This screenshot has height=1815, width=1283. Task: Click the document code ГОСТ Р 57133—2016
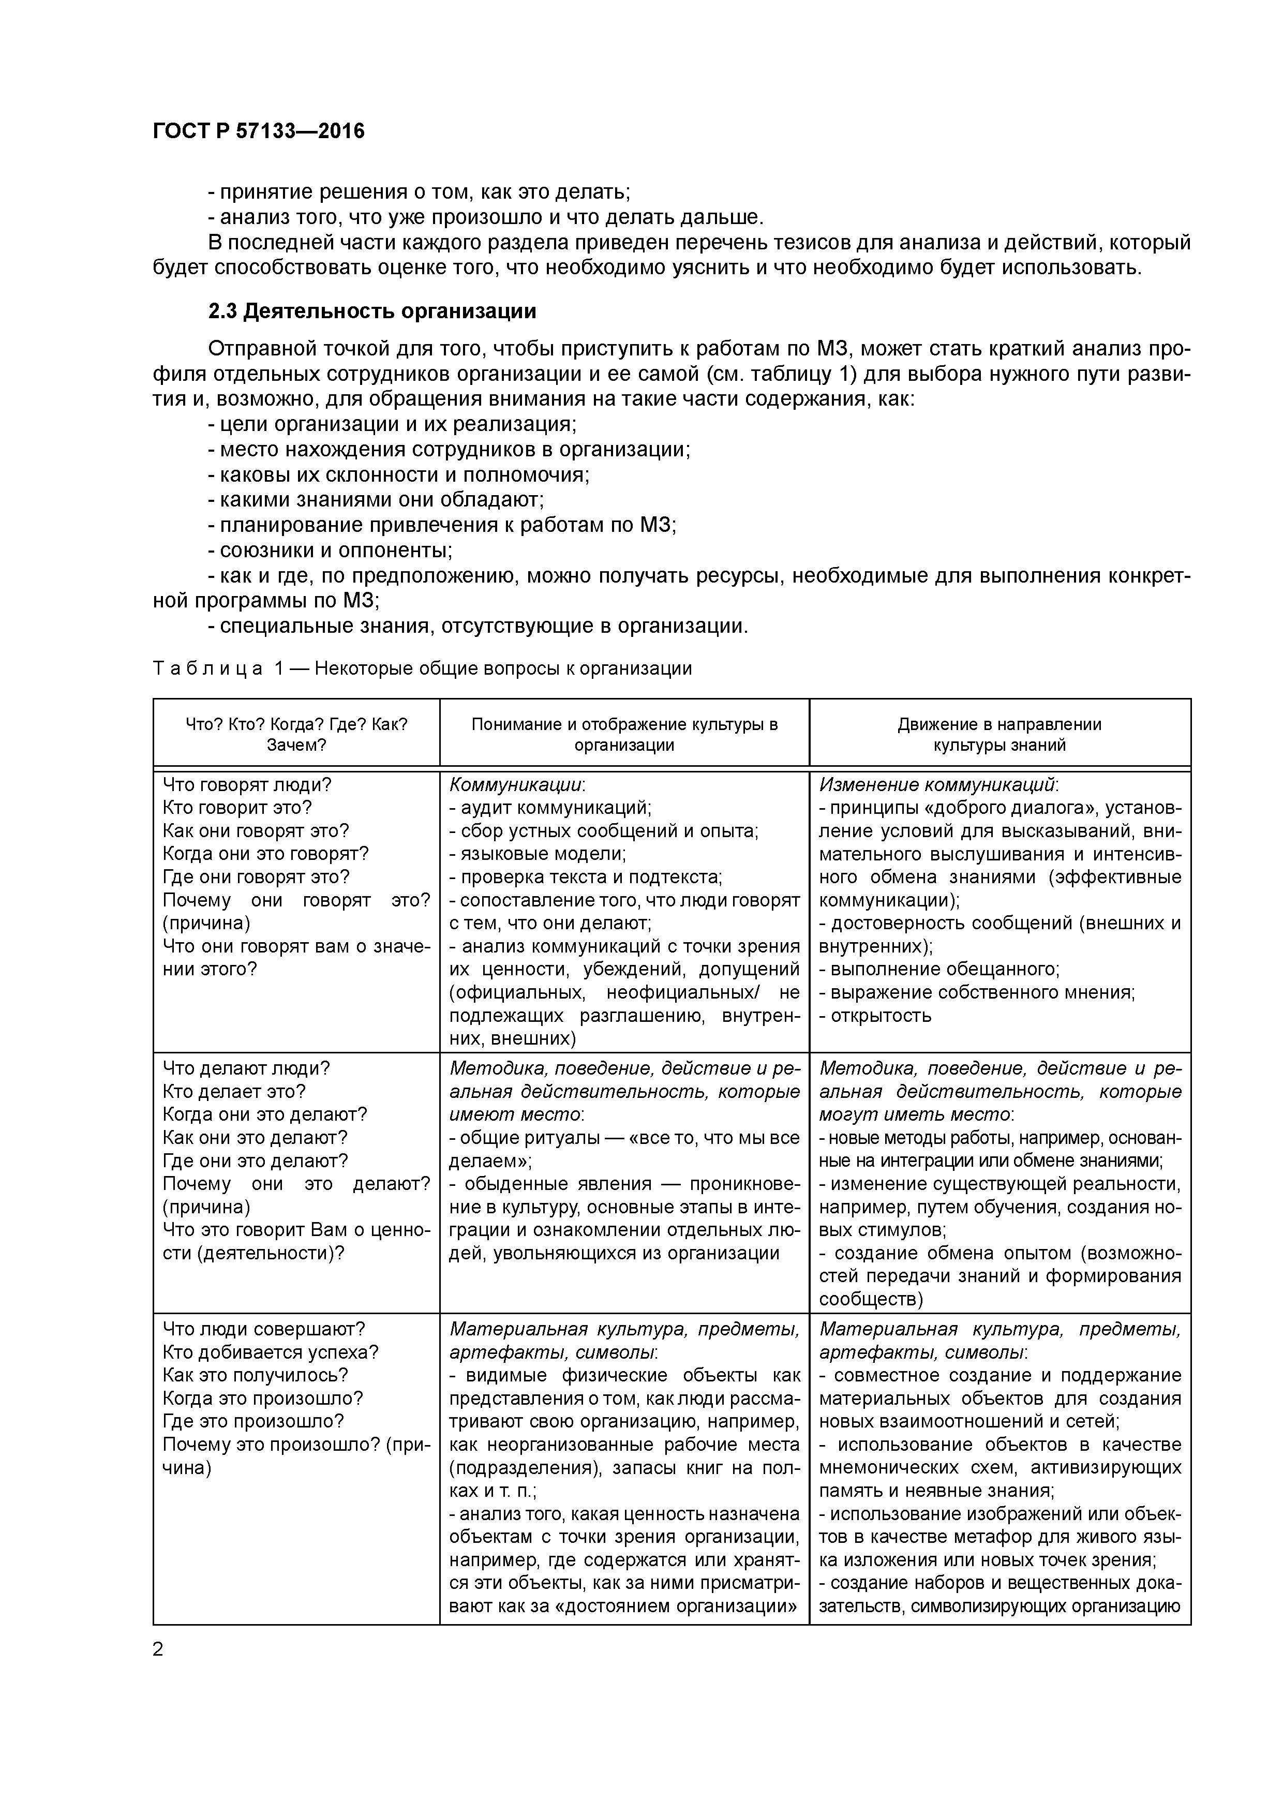pos(259,131)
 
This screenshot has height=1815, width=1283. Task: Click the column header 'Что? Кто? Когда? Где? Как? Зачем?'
pos(296,734)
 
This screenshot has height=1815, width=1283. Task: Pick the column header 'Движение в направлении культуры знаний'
pos(999,734)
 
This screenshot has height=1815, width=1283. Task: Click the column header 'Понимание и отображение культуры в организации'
pos(624,734)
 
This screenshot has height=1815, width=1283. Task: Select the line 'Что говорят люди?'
pos(247,785)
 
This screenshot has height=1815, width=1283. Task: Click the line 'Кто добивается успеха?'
pos(271,1352)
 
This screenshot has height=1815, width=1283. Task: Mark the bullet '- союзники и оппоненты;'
pos(330,550)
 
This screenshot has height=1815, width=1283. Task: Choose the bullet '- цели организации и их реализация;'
pos(392,424)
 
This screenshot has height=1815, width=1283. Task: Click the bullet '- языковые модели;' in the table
pos(538,854)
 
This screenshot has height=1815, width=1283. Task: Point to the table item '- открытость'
pos(875,1016)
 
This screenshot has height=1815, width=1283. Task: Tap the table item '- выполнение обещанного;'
pos(939,969)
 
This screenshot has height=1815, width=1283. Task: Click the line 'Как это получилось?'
pos(256,1376)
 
